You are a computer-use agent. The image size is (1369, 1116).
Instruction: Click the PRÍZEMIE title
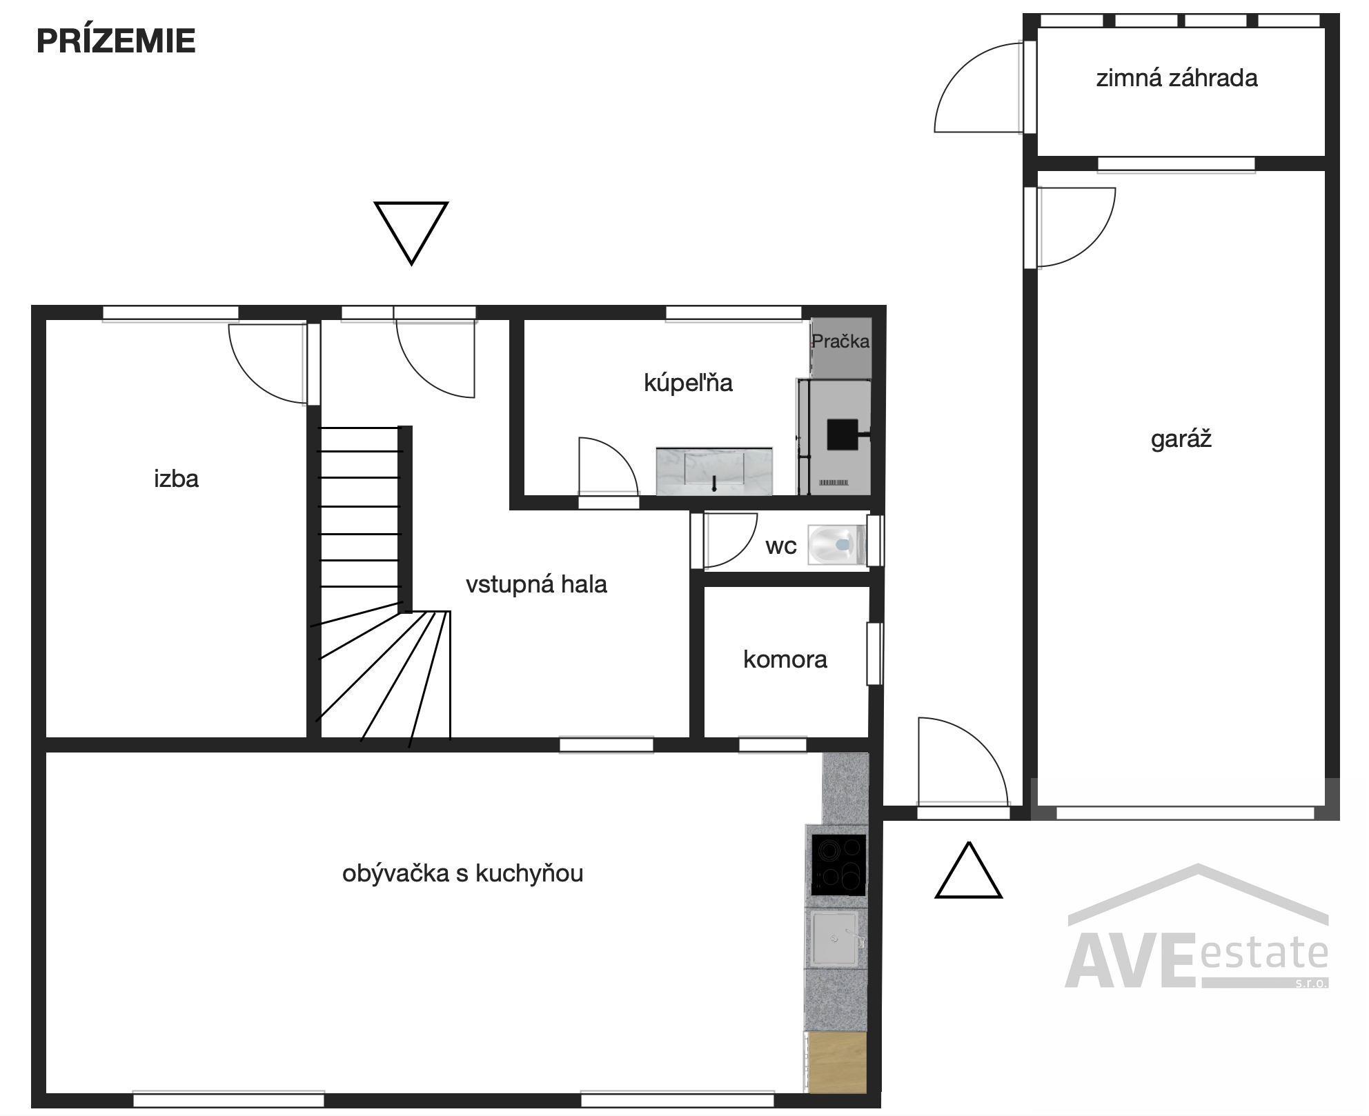[x=116, y=41]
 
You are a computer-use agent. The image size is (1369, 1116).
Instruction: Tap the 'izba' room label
[x=177, y=479]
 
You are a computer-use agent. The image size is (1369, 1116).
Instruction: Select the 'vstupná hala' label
[x=536, y=584]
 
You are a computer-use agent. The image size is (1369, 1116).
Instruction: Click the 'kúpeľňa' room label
[x=688, y=382]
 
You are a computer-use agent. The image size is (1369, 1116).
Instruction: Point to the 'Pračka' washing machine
[x=841, y=348]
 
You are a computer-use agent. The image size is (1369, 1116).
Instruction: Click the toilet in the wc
[x=836, y=545]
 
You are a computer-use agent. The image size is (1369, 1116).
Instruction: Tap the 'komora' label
[x=785, y=659]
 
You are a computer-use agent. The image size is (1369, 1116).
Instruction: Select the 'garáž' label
[x=1181, y=439]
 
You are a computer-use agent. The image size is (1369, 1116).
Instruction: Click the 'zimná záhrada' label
[x=1177, y=78]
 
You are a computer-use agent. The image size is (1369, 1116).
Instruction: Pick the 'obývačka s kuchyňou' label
[x=463, y=873]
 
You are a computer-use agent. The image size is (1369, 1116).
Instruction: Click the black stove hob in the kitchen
[x=838, y=865]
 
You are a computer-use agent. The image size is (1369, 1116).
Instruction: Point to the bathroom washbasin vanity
[x=714, y=471]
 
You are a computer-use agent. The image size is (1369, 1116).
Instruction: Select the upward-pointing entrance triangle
[x=969, y=870]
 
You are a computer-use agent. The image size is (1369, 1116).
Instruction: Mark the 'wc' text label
[x=781, y=547]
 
